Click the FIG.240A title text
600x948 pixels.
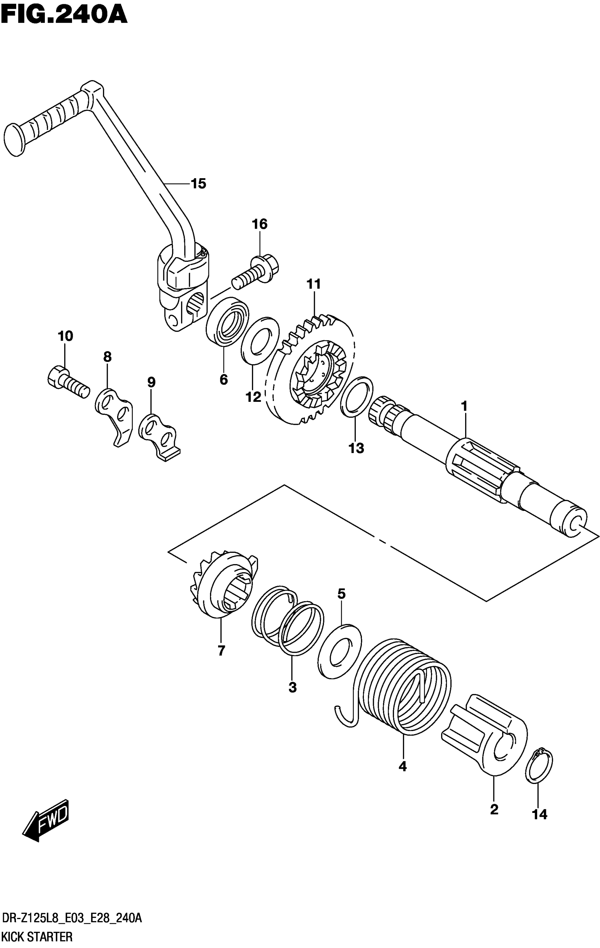pyautogui.click(x=64, y=15)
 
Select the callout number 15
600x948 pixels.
pyautogui.click(x=198, y=183)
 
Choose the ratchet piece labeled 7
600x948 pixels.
pyautogui.click(x=223, y=587)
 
